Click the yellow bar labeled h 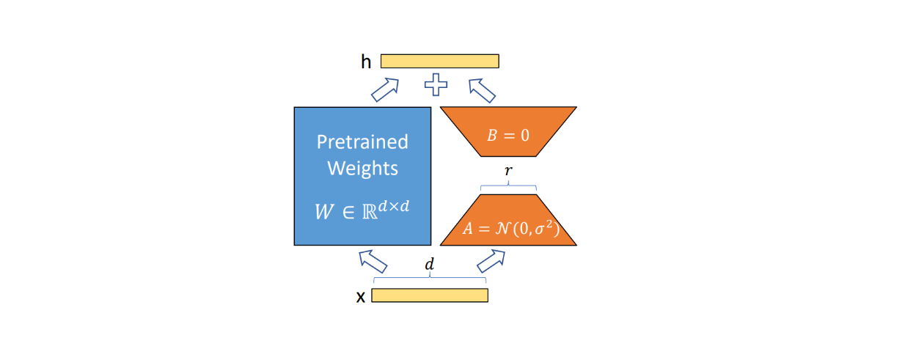coord(439,61)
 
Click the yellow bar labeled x coord(429,295)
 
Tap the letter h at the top coord(366,62)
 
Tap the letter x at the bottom coord(360,297)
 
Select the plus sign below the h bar coord(436,85)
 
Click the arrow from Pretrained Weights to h coord(384,89)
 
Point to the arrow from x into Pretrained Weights coord(373,260)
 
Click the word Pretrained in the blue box coord(362,142)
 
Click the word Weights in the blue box coord(362,168)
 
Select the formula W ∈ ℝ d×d coord(362,210)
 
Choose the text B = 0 coord(508,136)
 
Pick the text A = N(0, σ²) coord(510,229)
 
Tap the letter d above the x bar coord(430,265)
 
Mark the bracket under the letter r coord(508,187)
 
